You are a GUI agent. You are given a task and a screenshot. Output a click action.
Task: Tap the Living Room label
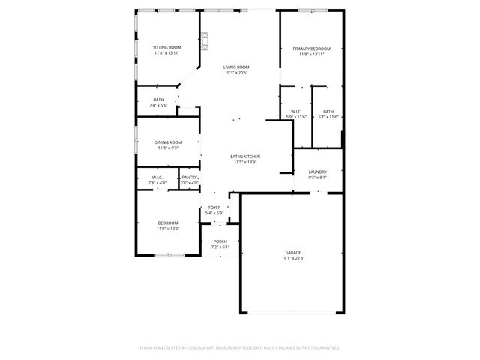click(x=235, y=67)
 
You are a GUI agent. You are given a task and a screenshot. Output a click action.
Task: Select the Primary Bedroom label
click(x=311, y=49)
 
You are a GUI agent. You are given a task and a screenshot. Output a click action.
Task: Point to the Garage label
click(x=292, y=252)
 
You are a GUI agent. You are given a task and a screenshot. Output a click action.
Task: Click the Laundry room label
click(x=317, y=172)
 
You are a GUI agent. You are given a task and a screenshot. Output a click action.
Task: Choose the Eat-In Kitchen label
click(x=245, y=156)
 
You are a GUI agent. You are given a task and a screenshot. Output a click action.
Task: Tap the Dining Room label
click(x=168, y=142)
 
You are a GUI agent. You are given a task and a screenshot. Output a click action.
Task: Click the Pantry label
click(x=190, y=177)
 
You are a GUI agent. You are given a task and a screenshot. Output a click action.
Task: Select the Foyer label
click(x=214, y=207)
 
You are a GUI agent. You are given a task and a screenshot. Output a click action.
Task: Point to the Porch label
click(x=220, y=241)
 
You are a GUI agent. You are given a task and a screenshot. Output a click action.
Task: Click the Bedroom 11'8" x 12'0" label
click(x=167, y=223)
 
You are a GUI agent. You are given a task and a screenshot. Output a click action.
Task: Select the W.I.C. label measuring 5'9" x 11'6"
click(x=296, y=111)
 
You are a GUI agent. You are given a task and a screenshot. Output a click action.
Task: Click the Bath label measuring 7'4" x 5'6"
click(x=158, y=100)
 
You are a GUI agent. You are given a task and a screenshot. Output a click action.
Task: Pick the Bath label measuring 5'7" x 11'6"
click(x=328, y=111)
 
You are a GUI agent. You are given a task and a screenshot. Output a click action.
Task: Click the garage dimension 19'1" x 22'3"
click(x=292, y=258)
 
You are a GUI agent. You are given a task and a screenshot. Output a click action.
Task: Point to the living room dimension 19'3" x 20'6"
click(x=235, y=73)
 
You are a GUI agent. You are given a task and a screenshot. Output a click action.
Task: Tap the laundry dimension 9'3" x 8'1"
click(x=317, y=178)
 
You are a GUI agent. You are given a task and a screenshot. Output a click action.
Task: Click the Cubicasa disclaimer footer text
click(x=240, y=347)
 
